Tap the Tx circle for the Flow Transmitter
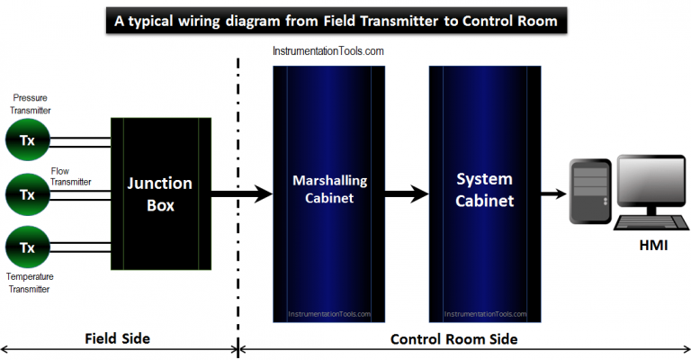pos(27,193)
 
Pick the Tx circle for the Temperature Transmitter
pos(27,247)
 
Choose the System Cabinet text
pos(485,190)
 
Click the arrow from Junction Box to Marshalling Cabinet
pos(241,193)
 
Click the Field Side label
pos(117,338)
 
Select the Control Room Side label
pos(453,338)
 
